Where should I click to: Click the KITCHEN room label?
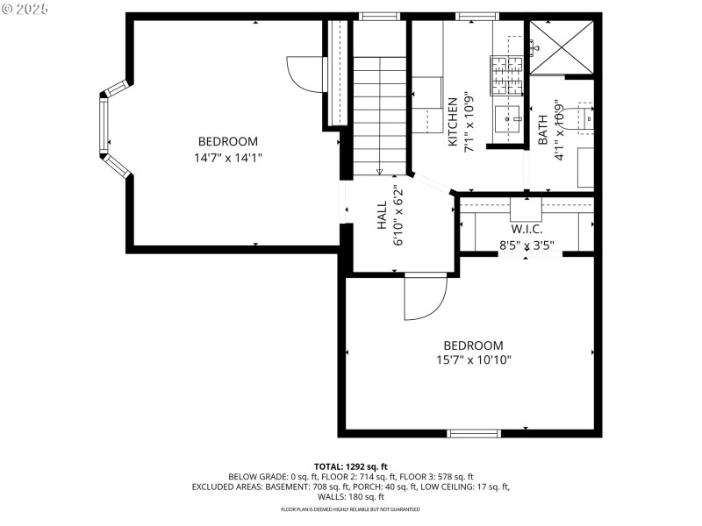coord(453,122)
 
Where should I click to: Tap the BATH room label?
coord(542,130)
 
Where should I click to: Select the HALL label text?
coord(383,221)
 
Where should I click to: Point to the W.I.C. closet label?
coord(526,229)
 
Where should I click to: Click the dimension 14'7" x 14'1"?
coord(228,158)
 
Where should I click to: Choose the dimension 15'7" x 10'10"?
coord(474,359)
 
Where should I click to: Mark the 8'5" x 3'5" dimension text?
coord(526,245)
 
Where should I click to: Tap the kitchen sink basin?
coord(507,116)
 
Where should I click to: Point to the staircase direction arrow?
coord(380,172)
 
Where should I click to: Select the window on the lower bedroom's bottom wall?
coord(474,432)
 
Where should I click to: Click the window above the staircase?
coord(379,16)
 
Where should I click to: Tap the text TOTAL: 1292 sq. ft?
coord(350,466)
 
